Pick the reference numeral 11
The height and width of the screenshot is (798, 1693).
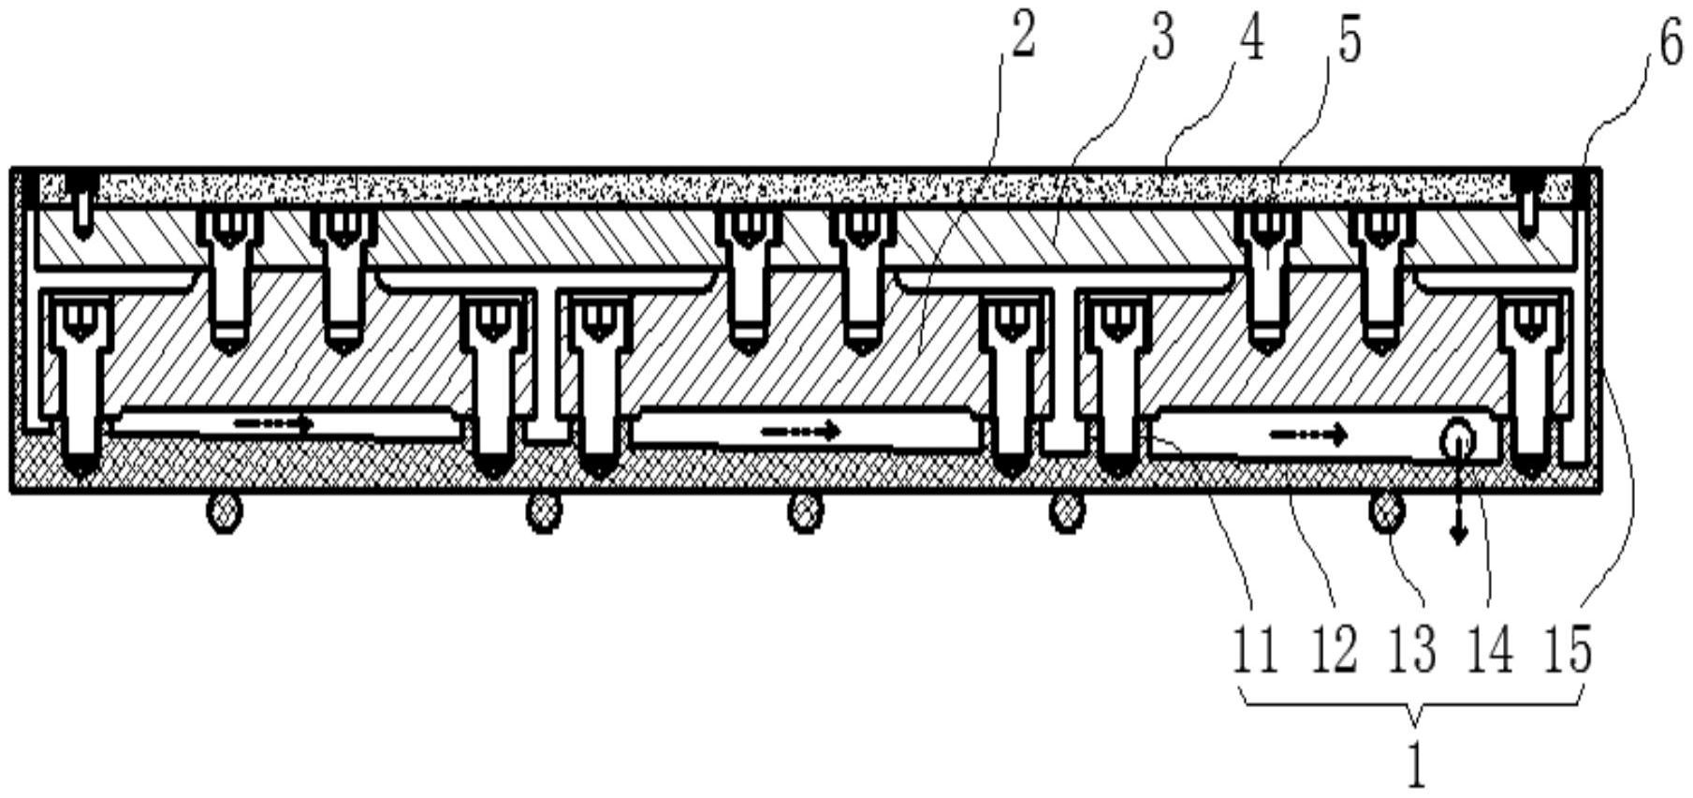tap(1254, 651)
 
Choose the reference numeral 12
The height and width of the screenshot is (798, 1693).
tap(1334, 651)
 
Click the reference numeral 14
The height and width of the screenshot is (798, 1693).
tap(1490, 651)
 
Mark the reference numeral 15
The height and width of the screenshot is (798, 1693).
tap(1568, 651)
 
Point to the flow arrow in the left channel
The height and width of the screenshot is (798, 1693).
tap(272, 423)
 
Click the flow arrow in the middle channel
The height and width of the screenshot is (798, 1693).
tap(800, 432)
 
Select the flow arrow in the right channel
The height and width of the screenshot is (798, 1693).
tap(1308, 435)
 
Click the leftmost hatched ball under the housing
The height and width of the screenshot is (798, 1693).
tap(224, 513)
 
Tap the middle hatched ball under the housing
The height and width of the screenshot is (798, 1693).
tap(806, 513)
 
